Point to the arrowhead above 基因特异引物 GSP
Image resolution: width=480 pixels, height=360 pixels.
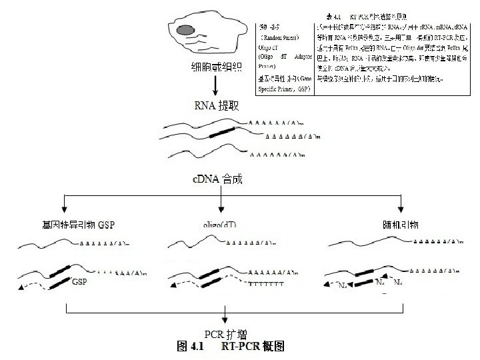[65, 208]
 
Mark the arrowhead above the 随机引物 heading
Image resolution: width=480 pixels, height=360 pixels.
[401, 208]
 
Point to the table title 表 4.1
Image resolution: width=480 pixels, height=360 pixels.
[366, 15]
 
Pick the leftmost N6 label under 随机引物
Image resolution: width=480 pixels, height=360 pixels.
[341, 285]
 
